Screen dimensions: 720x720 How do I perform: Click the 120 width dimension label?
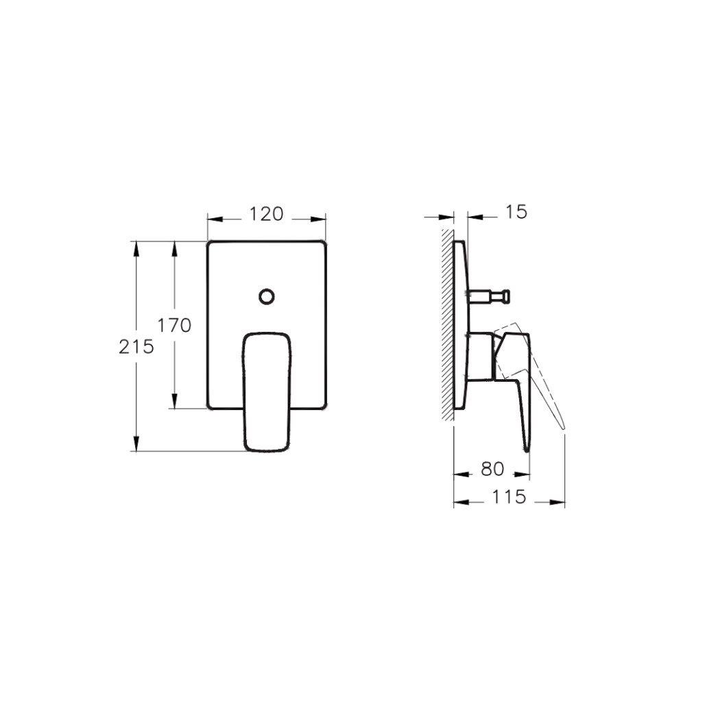coord(266,215)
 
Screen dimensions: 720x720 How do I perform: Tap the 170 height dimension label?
coord(174,326)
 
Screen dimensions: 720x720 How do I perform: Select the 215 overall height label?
coord(136,347)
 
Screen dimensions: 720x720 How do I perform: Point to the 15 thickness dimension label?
coord(516,212)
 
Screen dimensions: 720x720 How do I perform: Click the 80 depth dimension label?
coord(493,469)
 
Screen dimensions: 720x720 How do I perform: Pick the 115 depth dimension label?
coord(509,497)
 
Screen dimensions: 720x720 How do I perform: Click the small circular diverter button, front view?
coord(266,296)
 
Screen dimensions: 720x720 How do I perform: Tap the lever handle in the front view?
coord(266,391)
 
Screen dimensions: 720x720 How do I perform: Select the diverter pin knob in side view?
coord(505,296)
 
